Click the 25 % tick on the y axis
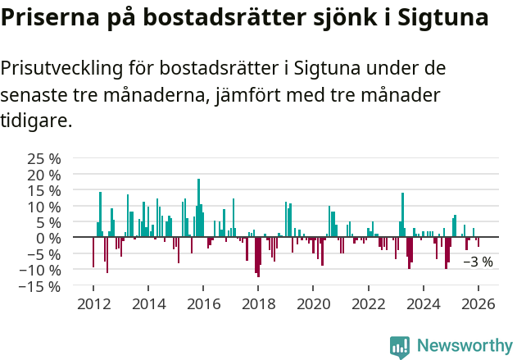pyautogui.click(x=43, y=158)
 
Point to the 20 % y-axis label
pyautogui.click(x=43, y=175)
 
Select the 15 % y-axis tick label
pyautogui.click(x=43, y=190)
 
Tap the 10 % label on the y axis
pyautogui.click(x=43, y=207)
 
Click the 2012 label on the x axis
pyautogui.click(x=93, y=303)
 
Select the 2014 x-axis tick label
pyautogui.click(x=148, y=303)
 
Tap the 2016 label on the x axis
pyautogui.click(x=203, y=303)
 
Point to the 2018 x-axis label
pyautogui.click(x=258, y=303)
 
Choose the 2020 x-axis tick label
pyautogui.click(x=313, y=303)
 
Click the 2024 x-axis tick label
pyautogui.click(x=424, y=303)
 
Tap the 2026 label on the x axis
pyautogui.click(x=478, y=303)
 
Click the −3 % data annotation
pyautogui.click(x=478, y=262)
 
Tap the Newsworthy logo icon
pyautogui.click(x=400, y=347)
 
